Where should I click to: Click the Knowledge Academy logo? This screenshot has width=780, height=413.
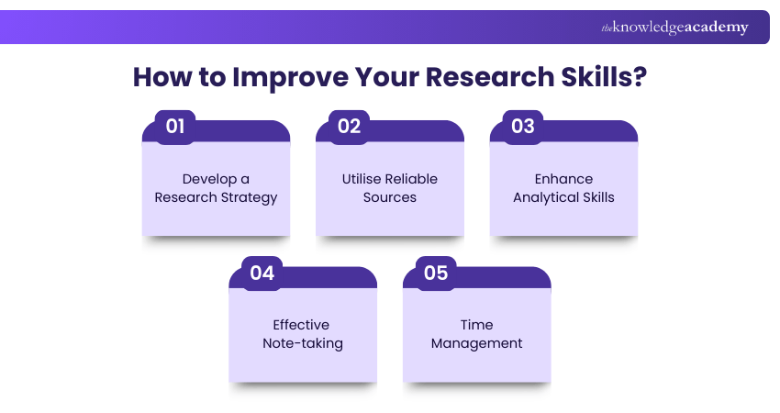(x=674, y=28)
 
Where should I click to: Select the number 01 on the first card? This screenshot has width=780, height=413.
(x=175, y=127)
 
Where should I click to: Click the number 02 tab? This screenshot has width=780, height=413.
(x=349, y=127)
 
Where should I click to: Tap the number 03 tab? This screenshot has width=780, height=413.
(x=523, y=127)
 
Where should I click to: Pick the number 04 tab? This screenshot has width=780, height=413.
(x=262, y=273)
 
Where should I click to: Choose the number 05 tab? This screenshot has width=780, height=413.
(x=436, y=273)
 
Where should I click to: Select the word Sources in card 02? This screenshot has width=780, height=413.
(x=390, y=197)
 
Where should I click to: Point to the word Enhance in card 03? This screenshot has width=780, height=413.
(x=563, y=179)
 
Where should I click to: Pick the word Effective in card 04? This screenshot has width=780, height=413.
(x=301, y=325)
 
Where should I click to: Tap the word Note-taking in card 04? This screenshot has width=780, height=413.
(x=302, y=343)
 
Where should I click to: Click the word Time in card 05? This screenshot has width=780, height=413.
(x=476, y=325)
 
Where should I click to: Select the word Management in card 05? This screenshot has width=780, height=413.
(x=476, y=343)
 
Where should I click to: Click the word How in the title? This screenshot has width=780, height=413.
(x=158, y=76)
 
